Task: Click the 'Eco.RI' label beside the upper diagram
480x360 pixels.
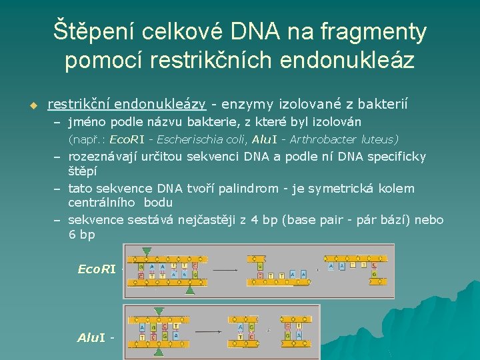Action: tap(97, 269)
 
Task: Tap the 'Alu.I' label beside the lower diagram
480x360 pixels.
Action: tap(93, 337)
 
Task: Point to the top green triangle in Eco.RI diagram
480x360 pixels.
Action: tap(146, 250)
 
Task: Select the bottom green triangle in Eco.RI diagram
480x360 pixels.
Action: tap(190, 290)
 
